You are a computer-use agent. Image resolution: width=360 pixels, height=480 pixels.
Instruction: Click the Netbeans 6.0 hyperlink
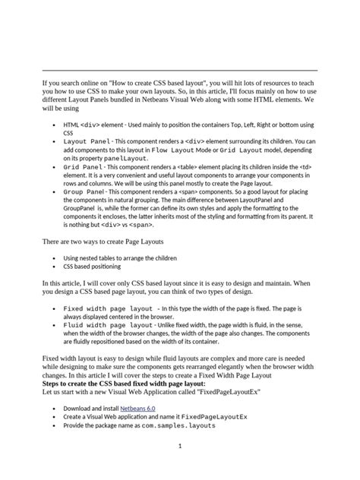pos(137,408)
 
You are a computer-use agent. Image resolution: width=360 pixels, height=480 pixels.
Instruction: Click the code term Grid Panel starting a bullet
pos(84,166)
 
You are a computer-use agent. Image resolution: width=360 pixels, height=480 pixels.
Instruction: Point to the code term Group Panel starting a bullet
pos(84,192)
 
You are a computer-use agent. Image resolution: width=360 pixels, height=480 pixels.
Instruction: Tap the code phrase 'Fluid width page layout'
pos(108,324)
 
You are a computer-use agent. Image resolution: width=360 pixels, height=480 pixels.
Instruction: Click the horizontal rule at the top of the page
pos(180,70)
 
